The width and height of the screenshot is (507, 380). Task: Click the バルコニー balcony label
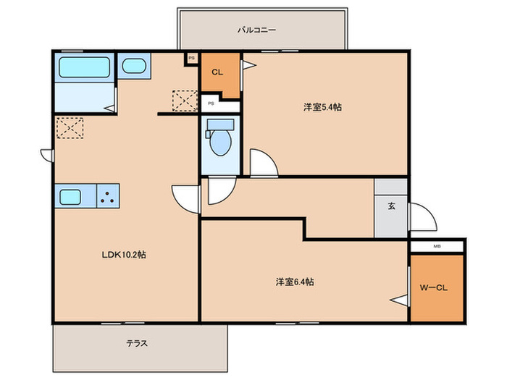256,30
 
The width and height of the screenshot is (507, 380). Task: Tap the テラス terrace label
137,343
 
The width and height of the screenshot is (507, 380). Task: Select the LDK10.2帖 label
124,255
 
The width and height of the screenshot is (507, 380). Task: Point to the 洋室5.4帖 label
322,107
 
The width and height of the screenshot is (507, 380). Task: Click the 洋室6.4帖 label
295,282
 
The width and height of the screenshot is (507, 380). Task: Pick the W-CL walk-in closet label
434,287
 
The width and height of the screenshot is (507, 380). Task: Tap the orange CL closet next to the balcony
220,75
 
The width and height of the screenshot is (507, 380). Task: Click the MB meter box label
437,246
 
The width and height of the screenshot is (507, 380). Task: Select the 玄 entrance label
392,206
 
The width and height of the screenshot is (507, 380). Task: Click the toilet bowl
220,143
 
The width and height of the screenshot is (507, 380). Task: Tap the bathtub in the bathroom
84,67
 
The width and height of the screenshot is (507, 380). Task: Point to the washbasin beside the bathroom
134,66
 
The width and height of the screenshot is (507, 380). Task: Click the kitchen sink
70,197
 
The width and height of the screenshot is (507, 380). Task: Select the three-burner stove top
108,196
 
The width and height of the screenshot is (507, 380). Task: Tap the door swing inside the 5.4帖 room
264,163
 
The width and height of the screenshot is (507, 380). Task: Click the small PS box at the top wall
192,59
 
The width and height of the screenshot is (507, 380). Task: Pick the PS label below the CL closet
211,104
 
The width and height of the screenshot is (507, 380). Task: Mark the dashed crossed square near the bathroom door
70,128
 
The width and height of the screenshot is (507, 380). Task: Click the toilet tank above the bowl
220,124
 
